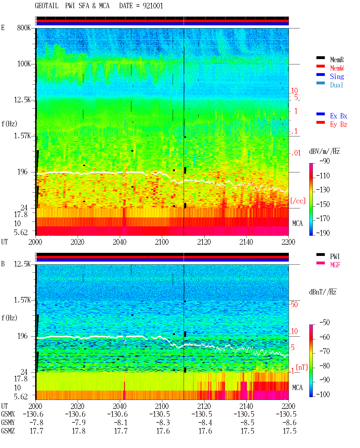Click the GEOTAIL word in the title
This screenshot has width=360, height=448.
47,6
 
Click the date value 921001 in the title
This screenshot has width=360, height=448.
153,6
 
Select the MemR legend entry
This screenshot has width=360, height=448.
337,60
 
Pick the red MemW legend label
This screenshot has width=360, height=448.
337,68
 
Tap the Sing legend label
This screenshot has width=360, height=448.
337,76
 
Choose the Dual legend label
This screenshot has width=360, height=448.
337,85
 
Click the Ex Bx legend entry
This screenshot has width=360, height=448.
339,116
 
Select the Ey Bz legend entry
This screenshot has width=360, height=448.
339,125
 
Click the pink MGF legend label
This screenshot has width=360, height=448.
335,265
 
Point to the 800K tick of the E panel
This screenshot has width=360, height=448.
24,28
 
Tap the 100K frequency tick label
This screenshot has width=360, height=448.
24,64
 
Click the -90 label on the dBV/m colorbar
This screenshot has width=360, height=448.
325,161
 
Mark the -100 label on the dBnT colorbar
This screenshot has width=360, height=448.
323,394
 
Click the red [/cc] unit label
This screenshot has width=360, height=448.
298,201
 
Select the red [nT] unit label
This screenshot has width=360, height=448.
302,367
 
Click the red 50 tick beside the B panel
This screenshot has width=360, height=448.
294,305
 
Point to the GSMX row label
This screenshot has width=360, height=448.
8,414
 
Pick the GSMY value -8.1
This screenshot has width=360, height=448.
121,423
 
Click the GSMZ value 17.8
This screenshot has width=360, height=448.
79,431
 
